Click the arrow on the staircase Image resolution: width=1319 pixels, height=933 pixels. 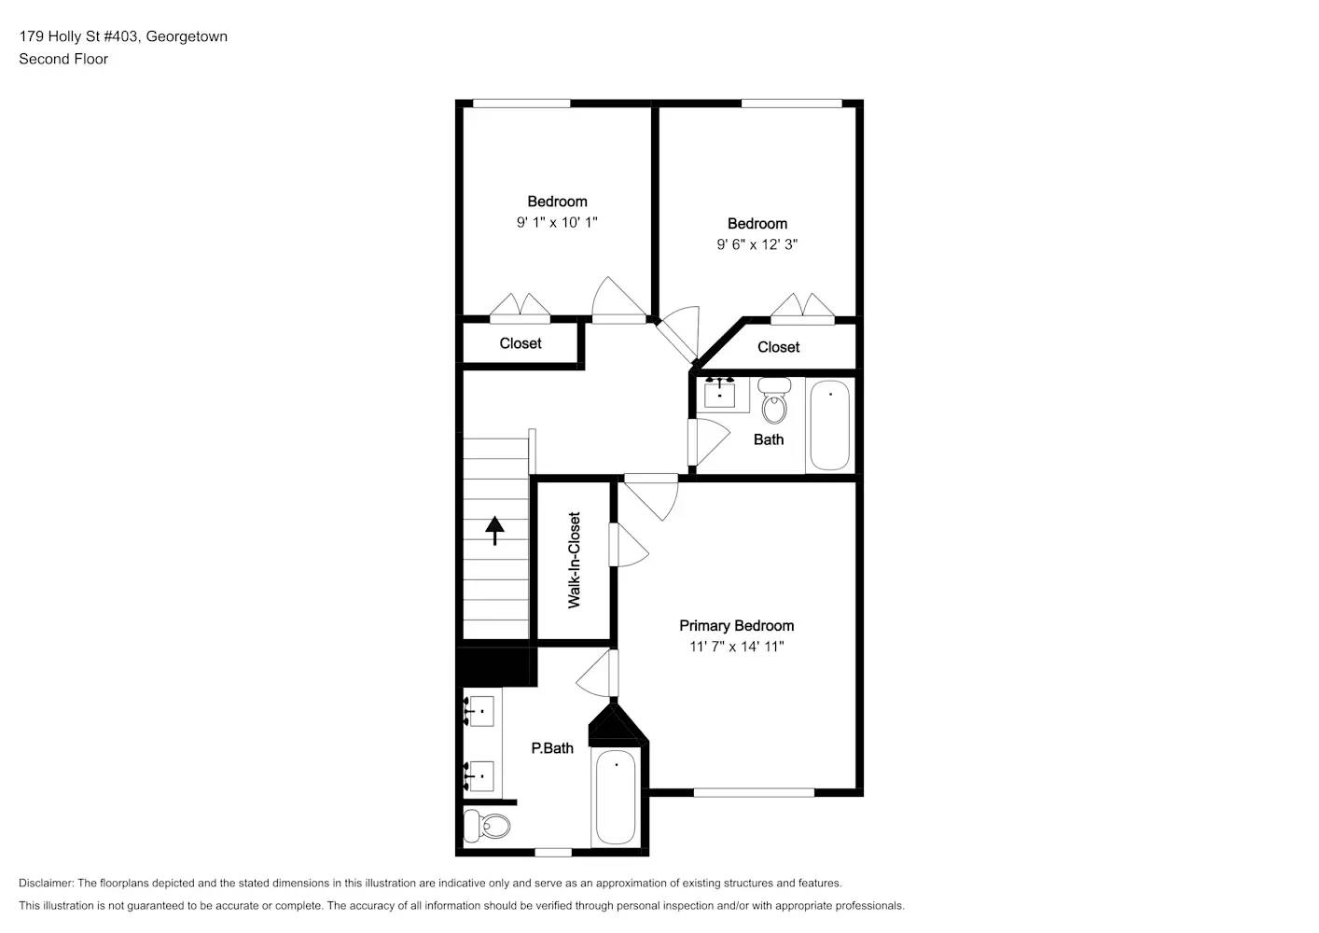point(494,530)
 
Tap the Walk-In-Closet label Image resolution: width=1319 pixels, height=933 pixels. point(575,560)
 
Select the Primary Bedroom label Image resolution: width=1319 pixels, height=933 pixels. point(736,626)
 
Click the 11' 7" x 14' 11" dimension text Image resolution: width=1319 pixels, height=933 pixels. point(736,647)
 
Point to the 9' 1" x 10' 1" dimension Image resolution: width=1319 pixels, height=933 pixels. point(557,223)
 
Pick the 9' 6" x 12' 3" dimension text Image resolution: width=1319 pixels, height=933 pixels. point(757,244)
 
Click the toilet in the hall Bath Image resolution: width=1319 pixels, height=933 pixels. point(774,401)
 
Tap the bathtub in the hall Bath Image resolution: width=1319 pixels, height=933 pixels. point(829,425)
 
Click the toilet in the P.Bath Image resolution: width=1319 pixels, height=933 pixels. point(488,826)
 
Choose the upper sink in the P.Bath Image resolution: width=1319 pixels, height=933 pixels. point(480,712)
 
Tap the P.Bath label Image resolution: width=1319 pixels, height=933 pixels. point(552,748)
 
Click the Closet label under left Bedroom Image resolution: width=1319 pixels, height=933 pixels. point(521,343)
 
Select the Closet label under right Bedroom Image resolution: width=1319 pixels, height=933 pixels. point(778,347)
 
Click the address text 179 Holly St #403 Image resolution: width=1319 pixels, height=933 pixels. point(79,36)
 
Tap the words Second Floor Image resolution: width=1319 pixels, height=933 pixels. point(63,59)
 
